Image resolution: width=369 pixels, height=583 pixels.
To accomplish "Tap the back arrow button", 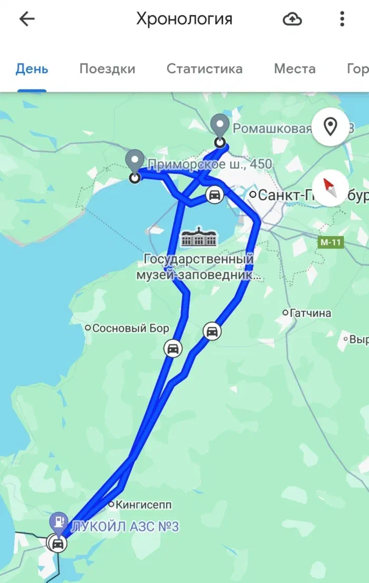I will (27, 20).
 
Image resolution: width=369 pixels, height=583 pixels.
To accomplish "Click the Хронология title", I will (184, 20).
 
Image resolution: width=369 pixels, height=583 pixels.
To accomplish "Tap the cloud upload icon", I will (293, 20).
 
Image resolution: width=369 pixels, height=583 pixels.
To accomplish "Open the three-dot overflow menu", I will (342, 20).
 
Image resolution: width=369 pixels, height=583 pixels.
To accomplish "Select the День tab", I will (32, 69).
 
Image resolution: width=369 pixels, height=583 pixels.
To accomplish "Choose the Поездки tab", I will (107, 69).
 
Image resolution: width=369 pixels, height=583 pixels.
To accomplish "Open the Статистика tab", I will (205, 69).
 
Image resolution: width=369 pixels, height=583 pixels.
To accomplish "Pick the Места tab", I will (295, 69).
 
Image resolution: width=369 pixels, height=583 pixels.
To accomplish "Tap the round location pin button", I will (330, 127).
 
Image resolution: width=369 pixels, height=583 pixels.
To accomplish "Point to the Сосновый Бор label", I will (130, 328).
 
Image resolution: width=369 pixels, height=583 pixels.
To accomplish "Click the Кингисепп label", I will (144, 504).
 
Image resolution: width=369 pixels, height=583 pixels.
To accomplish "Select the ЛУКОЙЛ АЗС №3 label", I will (124, 527).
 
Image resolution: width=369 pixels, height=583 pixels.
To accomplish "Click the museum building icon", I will (199, 238).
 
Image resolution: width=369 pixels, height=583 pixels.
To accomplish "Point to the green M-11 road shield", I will (331, 242).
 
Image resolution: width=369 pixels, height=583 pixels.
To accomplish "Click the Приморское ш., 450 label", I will (210, 165).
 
